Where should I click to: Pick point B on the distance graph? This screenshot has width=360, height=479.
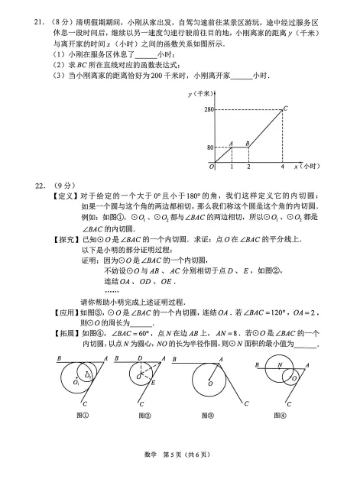[x=248, y=143]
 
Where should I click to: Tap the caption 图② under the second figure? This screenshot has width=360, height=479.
[x=145, y=416]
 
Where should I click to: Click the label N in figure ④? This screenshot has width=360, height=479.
[x=281, y=365]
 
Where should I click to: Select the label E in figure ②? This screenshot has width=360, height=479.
[x=153, y=382]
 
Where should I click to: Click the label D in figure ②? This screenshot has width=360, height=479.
[x=140, y=358]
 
